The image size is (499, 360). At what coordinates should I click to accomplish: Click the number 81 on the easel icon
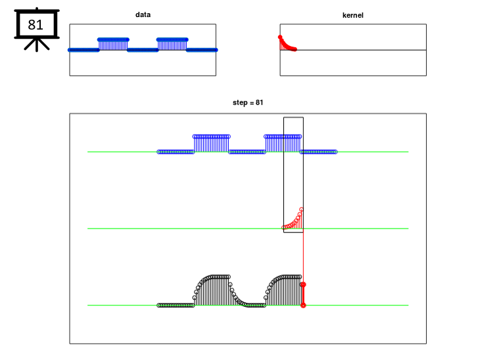pos(36,25)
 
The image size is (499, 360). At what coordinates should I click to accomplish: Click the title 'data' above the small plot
pos(143,14)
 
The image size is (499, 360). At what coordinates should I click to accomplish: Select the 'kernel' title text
pos(352,15)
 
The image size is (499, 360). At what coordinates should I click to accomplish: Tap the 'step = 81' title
pos(248,102)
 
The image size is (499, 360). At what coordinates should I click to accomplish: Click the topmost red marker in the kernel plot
pos(280,37)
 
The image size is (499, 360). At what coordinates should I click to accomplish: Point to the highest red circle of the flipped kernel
pos(301,210)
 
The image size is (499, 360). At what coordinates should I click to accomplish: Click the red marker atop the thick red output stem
pos(303,284)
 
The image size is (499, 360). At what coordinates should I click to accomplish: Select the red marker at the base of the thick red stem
pos(303,305)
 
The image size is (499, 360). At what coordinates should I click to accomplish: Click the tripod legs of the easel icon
pos(37,45)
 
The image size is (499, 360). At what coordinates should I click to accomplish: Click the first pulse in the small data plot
pos(113,44)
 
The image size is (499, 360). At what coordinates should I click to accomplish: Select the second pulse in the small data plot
pos(172,44)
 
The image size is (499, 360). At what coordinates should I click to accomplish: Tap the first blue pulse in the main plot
pos(211,144)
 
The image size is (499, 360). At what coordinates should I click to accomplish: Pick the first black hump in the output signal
pos(212,290)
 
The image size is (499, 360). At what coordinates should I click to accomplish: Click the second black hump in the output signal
pos(283,290)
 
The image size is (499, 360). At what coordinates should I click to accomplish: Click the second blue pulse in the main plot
pos(283,144)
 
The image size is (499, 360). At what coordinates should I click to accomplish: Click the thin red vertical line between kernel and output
pos(303,258)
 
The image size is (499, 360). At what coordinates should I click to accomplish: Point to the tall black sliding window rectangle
pos(283,175)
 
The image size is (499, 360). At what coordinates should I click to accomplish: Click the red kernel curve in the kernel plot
pos(287,45)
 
